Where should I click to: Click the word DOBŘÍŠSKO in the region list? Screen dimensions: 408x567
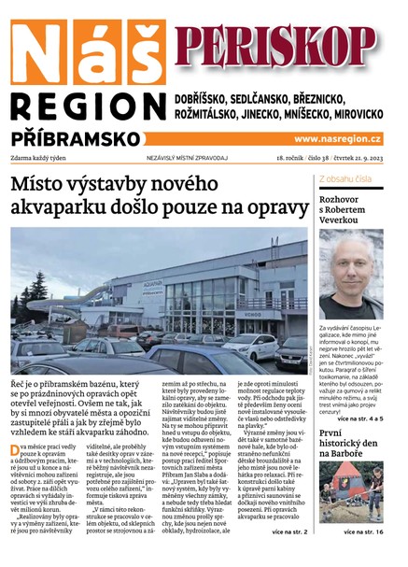211,98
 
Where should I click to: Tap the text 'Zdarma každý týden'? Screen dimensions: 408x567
44,160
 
